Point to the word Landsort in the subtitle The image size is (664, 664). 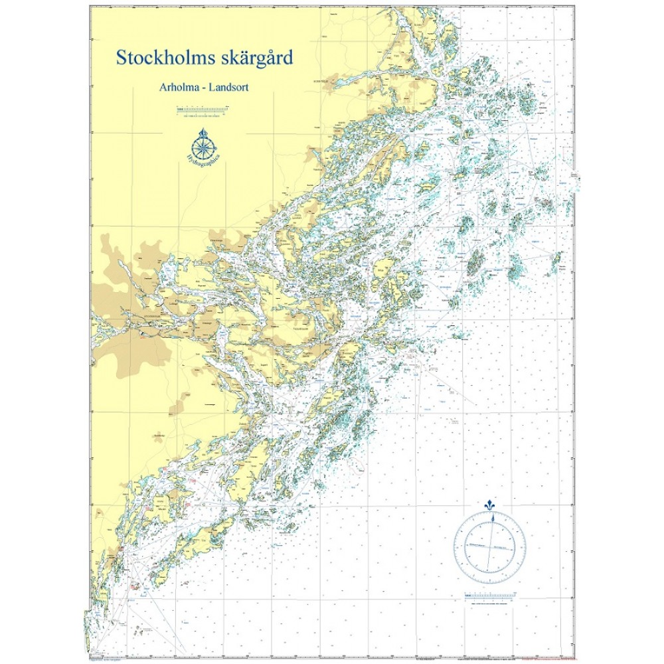[x=228, y=87]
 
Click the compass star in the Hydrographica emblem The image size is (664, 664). [x=205, y=145]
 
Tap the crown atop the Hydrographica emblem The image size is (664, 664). [x=205, y=131]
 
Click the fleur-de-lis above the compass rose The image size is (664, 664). [x=490, y=505]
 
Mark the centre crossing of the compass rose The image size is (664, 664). [x=490, y=546]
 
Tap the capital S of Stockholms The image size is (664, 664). [x=122, y=58]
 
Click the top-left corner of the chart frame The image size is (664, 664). [x=90, y=6]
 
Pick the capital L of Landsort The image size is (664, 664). [x=212, y=87]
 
